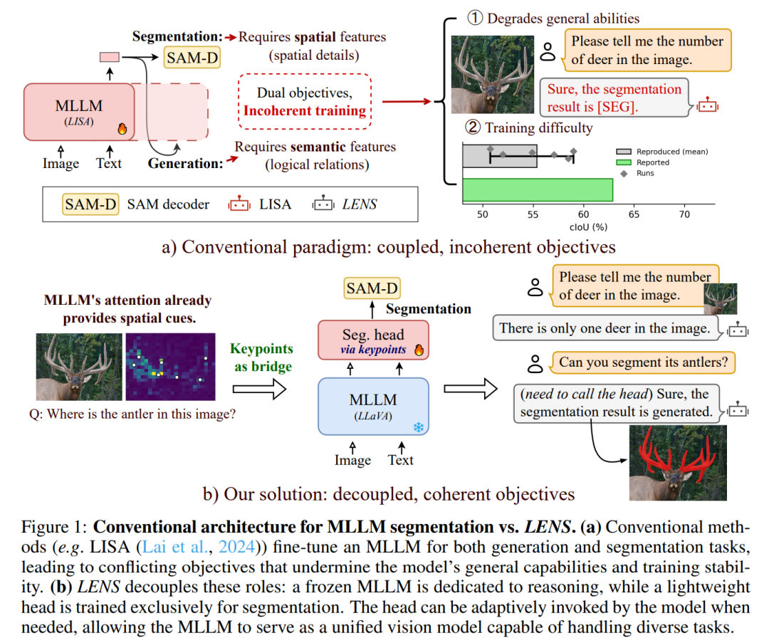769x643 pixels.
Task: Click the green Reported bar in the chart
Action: [x=538, y=190]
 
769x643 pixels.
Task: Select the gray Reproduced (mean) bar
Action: [x=500, y=156]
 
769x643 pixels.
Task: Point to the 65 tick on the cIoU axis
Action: [x=634, y=214]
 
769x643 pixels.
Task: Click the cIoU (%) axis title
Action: [x=588, y=227]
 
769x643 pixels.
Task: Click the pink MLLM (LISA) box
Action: [x=79, y=113]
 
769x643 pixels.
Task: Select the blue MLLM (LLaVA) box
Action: [x=373, y=407]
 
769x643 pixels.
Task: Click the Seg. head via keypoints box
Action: [x=373, y=340]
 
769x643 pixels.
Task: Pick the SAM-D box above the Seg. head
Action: [x=372, y=288]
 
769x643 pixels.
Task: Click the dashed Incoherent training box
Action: [x=305, y=102]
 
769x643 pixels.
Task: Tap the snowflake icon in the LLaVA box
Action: [x=419, y=427]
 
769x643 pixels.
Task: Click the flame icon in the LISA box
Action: [x=122, y=128]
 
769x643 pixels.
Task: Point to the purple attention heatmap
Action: [x=170, y=367]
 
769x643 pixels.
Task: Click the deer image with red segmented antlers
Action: [x=678, y=463]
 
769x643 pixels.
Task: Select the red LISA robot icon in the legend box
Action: [x=239, y=204]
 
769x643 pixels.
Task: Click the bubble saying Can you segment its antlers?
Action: [x=644, y=362]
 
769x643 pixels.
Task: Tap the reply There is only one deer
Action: [x=605, y=328]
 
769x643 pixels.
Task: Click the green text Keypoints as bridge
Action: [x=262, y=357]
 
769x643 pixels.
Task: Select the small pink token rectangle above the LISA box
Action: [x=110, y=58]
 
